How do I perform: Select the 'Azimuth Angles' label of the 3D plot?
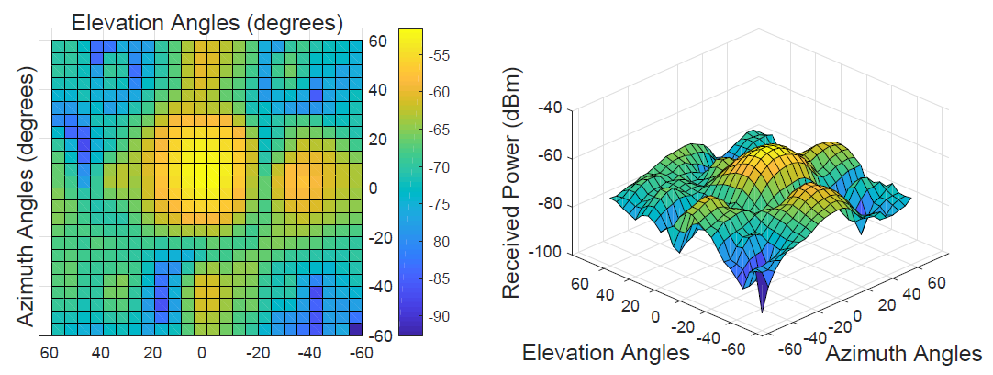pos(904,354)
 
